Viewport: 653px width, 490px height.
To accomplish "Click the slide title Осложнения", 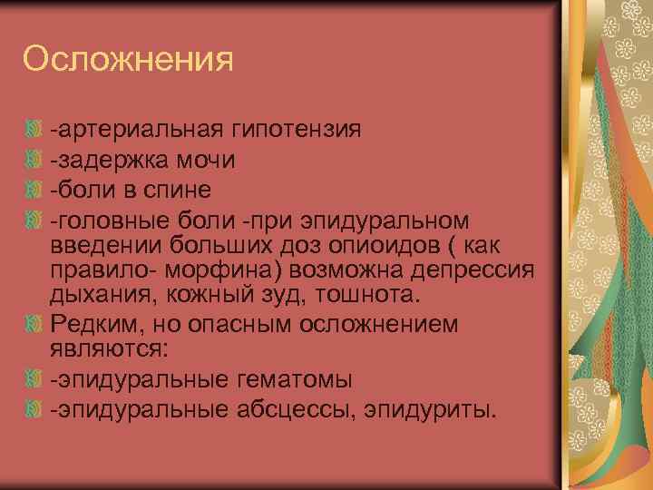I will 128,60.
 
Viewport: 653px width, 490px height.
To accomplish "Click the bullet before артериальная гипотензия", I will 34,130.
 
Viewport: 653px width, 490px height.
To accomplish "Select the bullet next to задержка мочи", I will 34,160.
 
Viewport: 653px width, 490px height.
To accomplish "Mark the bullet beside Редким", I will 34,324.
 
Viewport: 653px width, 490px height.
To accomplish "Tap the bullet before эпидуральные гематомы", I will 34,378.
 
